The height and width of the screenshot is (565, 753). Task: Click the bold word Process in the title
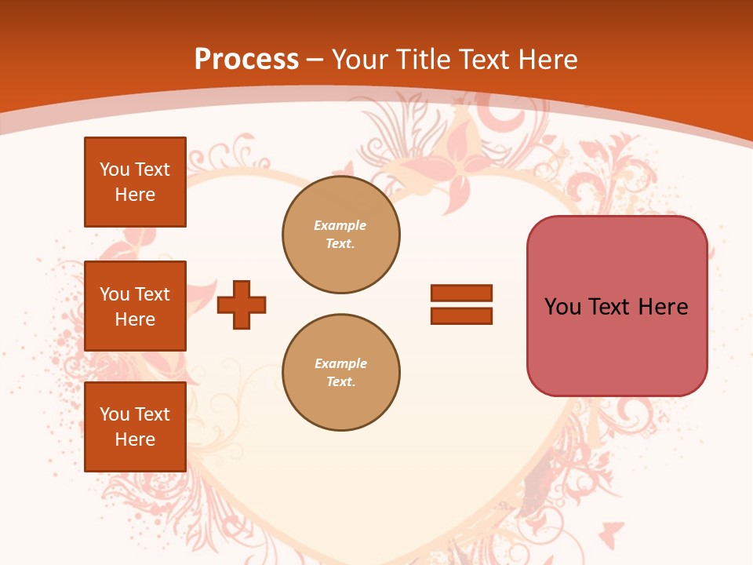point(246,60)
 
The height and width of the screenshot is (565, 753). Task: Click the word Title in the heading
point(422,60)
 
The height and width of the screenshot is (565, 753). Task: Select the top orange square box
point(135,182)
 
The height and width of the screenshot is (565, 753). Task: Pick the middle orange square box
point(135,306)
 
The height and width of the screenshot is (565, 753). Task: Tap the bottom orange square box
point(135,427)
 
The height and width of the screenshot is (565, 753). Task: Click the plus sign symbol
point(242,304)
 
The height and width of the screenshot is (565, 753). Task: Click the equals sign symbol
point(461,304)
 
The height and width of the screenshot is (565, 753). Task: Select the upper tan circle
point(341,235)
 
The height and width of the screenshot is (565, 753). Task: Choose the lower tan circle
point(341,373)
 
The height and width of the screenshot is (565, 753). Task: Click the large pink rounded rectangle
point(617,306)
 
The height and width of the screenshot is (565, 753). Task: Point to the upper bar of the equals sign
point(461,293)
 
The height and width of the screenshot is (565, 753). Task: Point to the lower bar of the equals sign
point(461,316)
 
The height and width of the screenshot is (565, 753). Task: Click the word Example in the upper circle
point(340,225)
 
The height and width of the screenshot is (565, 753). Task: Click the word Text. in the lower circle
point(340,382)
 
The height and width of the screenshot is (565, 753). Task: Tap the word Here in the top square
point(135,195)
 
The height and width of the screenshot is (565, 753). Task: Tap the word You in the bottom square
point(115,414)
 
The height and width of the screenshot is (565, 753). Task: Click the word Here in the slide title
point(544,60)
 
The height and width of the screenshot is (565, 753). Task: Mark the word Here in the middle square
point(135,319)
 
